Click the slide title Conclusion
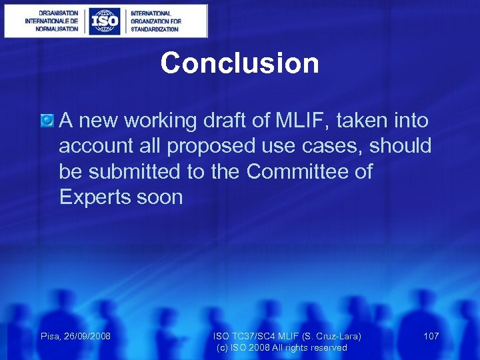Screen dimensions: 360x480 pos(239,63)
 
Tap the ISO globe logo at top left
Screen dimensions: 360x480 pos(105,21)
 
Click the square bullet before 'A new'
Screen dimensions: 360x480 pos(47,121)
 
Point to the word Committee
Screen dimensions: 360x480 pos(301,171)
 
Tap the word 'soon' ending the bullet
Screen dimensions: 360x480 pos(161,197)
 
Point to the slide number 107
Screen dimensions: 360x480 pos(431,336)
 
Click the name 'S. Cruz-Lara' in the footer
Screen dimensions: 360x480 pos(334,336)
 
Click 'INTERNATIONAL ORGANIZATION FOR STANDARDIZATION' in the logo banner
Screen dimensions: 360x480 pos(155,21)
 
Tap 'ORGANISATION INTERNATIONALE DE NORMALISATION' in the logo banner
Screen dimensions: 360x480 pos(51,21)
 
